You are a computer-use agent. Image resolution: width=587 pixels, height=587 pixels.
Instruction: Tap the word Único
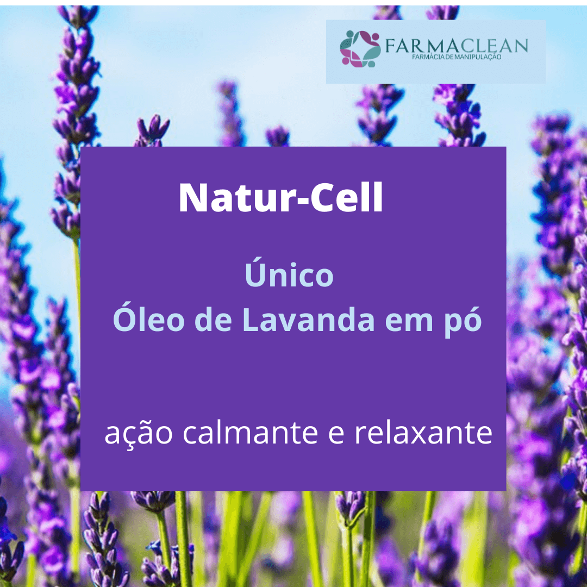coord(289,275)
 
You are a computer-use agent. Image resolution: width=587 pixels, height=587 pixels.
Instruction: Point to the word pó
coord(467,321)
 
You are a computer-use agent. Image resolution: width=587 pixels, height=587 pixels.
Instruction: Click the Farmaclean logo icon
coord(360,48)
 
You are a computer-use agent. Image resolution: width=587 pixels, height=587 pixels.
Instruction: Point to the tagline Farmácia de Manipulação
coord(456,57)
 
